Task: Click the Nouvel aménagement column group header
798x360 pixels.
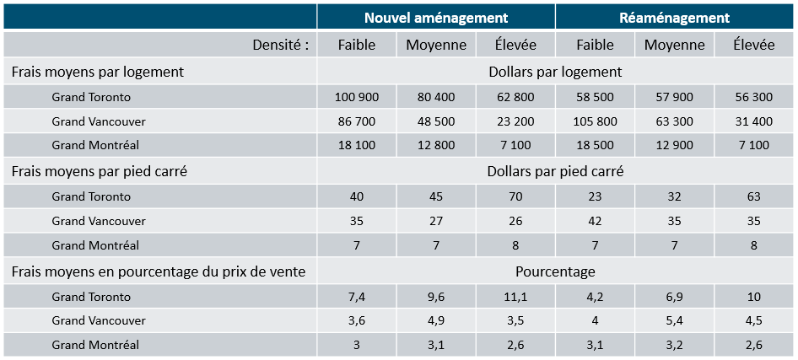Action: click(435, 17)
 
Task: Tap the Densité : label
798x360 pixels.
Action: click(281, 45)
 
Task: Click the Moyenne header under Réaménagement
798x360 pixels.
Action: click(674, 45)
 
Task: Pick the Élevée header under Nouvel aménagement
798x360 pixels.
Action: click(515, 45)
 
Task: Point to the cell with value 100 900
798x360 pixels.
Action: click(357, 97)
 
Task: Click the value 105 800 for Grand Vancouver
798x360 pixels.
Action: click(595, 121)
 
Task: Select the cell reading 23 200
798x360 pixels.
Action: click(515, 121)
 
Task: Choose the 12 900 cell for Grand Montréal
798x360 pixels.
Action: click(674, 145)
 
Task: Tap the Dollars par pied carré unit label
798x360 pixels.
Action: click(555, 171)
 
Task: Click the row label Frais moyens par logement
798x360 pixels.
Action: click(98, 73)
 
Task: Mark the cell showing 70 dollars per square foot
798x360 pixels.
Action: click(515, 196)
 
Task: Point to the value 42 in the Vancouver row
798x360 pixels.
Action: click(595, 221)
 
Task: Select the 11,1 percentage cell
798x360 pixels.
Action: click(515, 297)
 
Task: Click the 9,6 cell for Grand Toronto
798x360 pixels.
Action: click(436, 297)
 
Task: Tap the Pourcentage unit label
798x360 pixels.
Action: click(555, 271)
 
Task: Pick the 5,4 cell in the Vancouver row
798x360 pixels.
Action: click(674, 320)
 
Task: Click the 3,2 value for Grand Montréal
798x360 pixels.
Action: click(674, 345)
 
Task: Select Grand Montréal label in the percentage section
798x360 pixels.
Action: click(95, 345)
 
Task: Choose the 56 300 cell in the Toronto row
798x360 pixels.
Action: click(753, 97)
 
